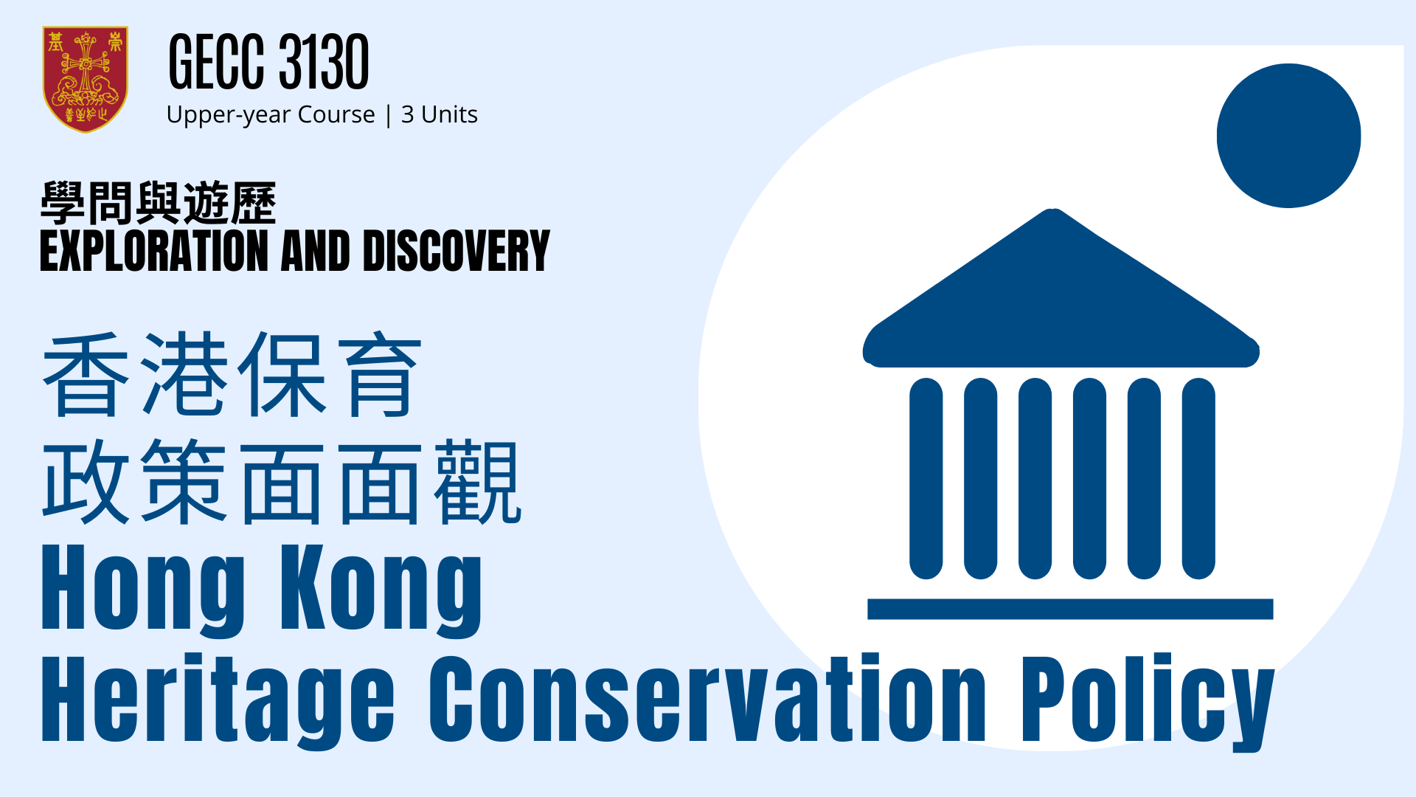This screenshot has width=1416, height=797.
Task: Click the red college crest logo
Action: click(86, 80)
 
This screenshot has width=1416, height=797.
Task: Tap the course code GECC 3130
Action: click(268, 62)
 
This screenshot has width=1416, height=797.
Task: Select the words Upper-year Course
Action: click(271, 115)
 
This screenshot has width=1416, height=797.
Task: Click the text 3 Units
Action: click(440, 114)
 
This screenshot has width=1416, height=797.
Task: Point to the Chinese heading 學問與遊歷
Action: click(159, 203)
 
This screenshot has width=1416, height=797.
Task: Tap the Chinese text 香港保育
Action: click(232, 374)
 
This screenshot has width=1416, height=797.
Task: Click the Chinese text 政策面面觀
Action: click(282, 482)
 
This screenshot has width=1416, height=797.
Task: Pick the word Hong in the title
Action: click(143, 591)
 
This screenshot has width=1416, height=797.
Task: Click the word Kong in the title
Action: click(381, 591)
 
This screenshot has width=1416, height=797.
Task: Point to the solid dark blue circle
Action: click(1288, 136)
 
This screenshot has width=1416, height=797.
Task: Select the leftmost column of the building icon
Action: click(926, 478)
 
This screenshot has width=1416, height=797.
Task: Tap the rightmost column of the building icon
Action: click(1198, 478)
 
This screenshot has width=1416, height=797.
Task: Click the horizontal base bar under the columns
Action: click(1070, 609)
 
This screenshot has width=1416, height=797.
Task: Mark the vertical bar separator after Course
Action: click(389, 116)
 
